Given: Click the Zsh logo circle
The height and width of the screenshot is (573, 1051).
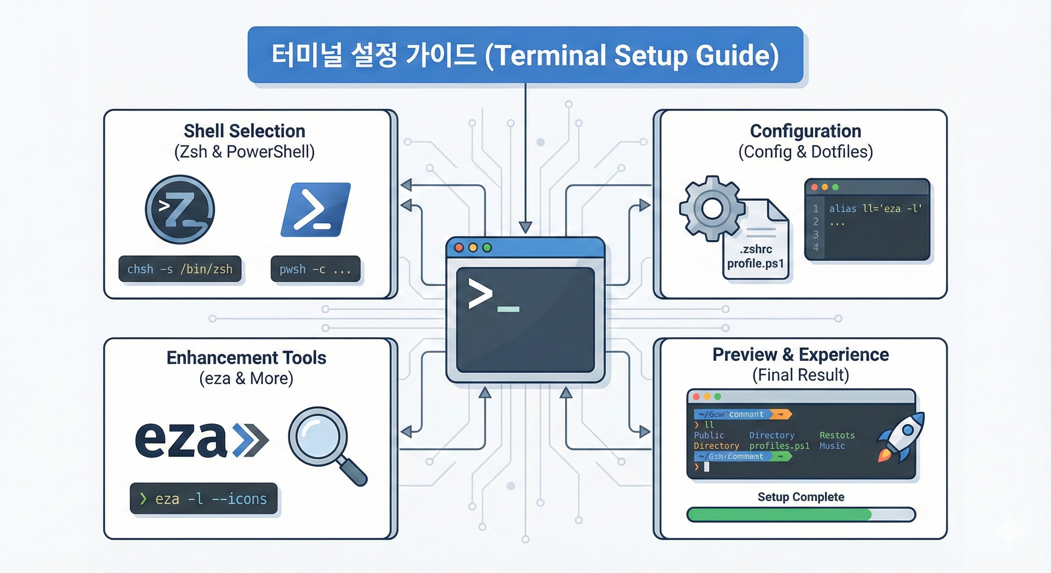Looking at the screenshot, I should click(x=180, y=210).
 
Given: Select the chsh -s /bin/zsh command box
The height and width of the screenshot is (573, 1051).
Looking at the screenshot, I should click(x=180, y=269).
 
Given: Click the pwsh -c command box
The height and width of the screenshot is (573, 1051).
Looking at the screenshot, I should click(x=315, y=269).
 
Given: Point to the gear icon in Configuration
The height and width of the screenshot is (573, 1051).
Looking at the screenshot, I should click(x=712, y=208).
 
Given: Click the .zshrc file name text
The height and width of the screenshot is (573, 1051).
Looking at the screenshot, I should click(x=756, y=249).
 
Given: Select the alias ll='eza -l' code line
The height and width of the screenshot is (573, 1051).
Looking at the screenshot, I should click(x=875, y=209).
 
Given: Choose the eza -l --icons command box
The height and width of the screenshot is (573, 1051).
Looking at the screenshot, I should click(x=203, y=499).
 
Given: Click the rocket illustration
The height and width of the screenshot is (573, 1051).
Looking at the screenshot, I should click(x=901, y=437).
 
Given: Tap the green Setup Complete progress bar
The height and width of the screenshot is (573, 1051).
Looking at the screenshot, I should click(x=779, y=515).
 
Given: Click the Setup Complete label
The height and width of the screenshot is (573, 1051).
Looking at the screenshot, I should click(x=801, y=497).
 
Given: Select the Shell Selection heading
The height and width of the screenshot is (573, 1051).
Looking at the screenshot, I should click(x=244, y=131).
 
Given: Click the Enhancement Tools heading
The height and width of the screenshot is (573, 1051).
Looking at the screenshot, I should click(x=246, y=358).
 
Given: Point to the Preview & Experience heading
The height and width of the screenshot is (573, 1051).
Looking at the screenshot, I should click(x=801, y=354).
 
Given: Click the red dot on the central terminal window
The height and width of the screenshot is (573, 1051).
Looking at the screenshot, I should click(x=459, y=248).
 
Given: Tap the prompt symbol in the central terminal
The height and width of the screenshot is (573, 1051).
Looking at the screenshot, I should click(x=481, y=293).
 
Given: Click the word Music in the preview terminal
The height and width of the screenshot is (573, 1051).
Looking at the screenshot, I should click(x=832, y=446).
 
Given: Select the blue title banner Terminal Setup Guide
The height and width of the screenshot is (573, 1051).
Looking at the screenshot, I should click(x=525, y=55).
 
